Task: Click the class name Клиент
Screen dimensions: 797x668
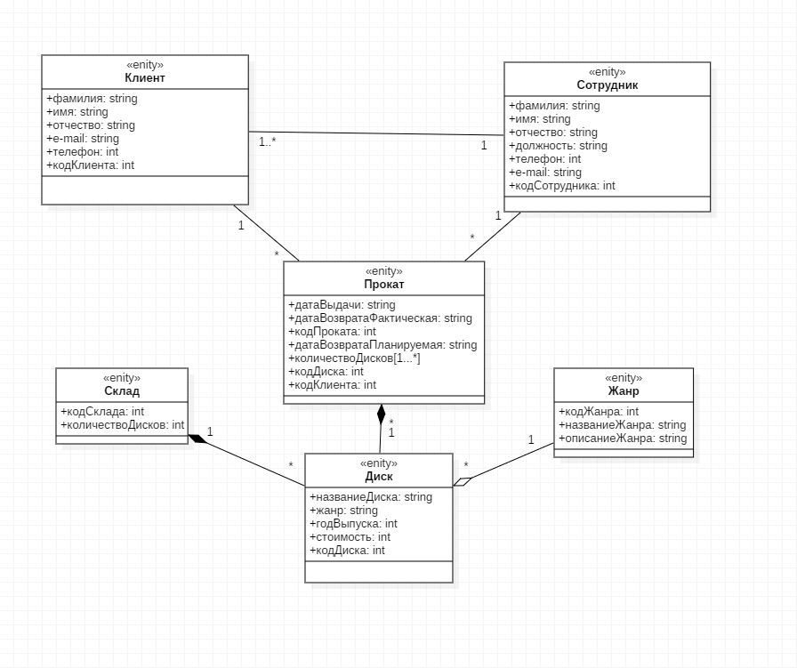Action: [145, 77]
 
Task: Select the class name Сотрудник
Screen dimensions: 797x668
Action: [607, 85]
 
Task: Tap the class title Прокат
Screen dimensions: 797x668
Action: [383, 284]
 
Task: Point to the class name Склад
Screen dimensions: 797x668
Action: [122, 391]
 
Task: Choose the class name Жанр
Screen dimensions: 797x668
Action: [624, 391]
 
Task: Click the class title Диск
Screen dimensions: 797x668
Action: [379, 477]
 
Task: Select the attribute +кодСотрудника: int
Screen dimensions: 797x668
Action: [561, 186]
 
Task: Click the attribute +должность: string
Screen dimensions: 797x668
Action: [558, 146]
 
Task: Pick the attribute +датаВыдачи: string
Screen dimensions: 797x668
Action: [342, 305]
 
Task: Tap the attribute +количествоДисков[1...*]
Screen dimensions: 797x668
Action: [354, 358]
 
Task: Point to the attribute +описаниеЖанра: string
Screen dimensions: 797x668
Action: [623, 439]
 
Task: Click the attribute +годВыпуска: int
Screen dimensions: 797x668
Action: [353, 524]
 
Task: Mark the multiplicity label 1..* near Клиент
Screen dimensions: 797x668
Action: [268, 141]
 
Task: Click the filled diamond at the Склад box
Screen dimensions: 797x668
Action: [197, 439]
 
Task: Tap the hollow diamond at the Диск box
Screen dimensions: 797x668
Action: [463, 481]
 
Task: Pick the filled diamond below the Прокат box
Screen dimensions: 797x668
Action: [382, 414]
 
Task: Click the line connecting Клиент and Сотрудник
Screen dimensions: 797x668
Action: [376, 133]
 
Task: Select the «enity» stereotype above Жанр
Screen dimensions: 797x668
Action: [624, 378]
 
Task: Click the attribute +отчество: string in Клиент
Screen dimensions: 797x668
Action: [91, 125]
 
